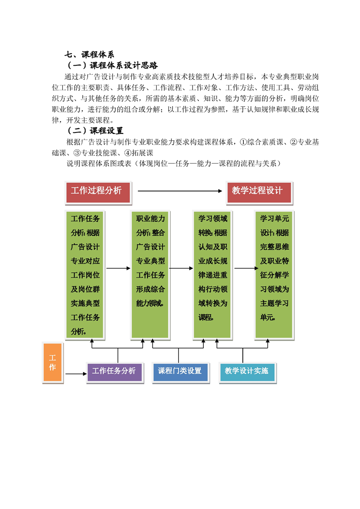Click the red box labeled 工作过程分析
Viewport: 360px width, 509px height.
tap(98, 193)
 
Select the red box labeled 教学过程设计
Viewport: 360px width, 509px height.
tap(259, 193)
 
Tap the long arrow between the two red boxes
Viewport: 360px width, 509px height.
tap(180, 191)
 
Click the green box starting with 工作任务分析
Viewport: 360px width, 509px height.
tap(85, 275)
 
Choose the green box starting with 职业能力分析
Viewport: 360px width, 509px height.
tap(150, 275)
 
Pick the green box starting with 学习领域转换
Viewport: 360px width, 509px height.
tap(212, 275)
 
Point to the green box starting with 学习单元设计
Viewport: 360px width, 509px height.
tap(274, 275)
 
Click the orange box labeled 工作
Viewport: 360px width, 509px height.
tap(53, 362)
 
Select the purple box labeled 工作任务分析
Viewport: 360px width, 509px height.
tap(115, 372)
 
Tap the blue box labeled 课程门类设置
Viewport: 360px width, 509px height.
tap(181, 372)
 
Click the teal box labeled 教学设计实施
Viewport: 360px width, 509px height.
tap(247, 372)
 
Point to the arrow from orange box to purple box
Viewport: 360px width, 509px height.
tap(76, 374)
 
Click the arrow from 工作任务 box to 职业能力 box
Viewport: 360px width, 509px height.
tap(118, 268)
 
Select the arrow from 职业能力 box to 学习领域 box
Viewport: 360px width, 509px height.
tap(181, 268)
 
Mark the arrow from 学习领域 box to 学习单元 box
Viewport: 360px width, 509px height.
tap(247, 268)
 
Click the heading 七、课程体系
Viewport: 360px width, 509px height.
tap(89, 54)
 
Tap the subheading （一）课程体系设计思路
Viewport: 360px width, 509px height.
tap(112, 65)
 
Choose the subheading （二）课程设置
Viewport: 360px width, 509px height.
tap(95, 131)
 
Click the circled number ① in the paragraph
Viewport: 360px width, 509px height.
tap(243, 142)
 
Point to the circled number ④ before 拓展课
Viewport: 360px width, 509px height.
tap(128, 153)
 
